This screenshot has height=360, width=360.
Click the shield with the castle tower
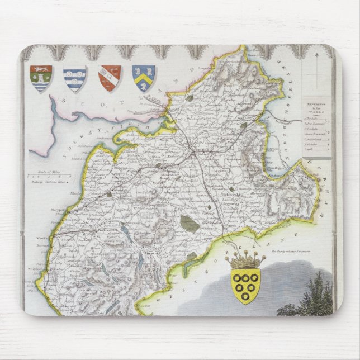(41, 78)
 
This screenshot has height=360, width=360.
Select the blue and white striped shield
(74, 78)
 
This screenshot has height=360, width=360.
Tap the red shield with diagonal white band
(110, 78)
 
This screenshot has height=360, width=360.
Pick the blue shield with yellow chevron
(144, 78)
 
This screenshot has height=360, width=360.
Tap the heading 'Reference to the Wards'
(316, 107)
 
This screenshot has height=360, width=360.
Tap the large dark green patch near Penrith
(190, 224)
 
